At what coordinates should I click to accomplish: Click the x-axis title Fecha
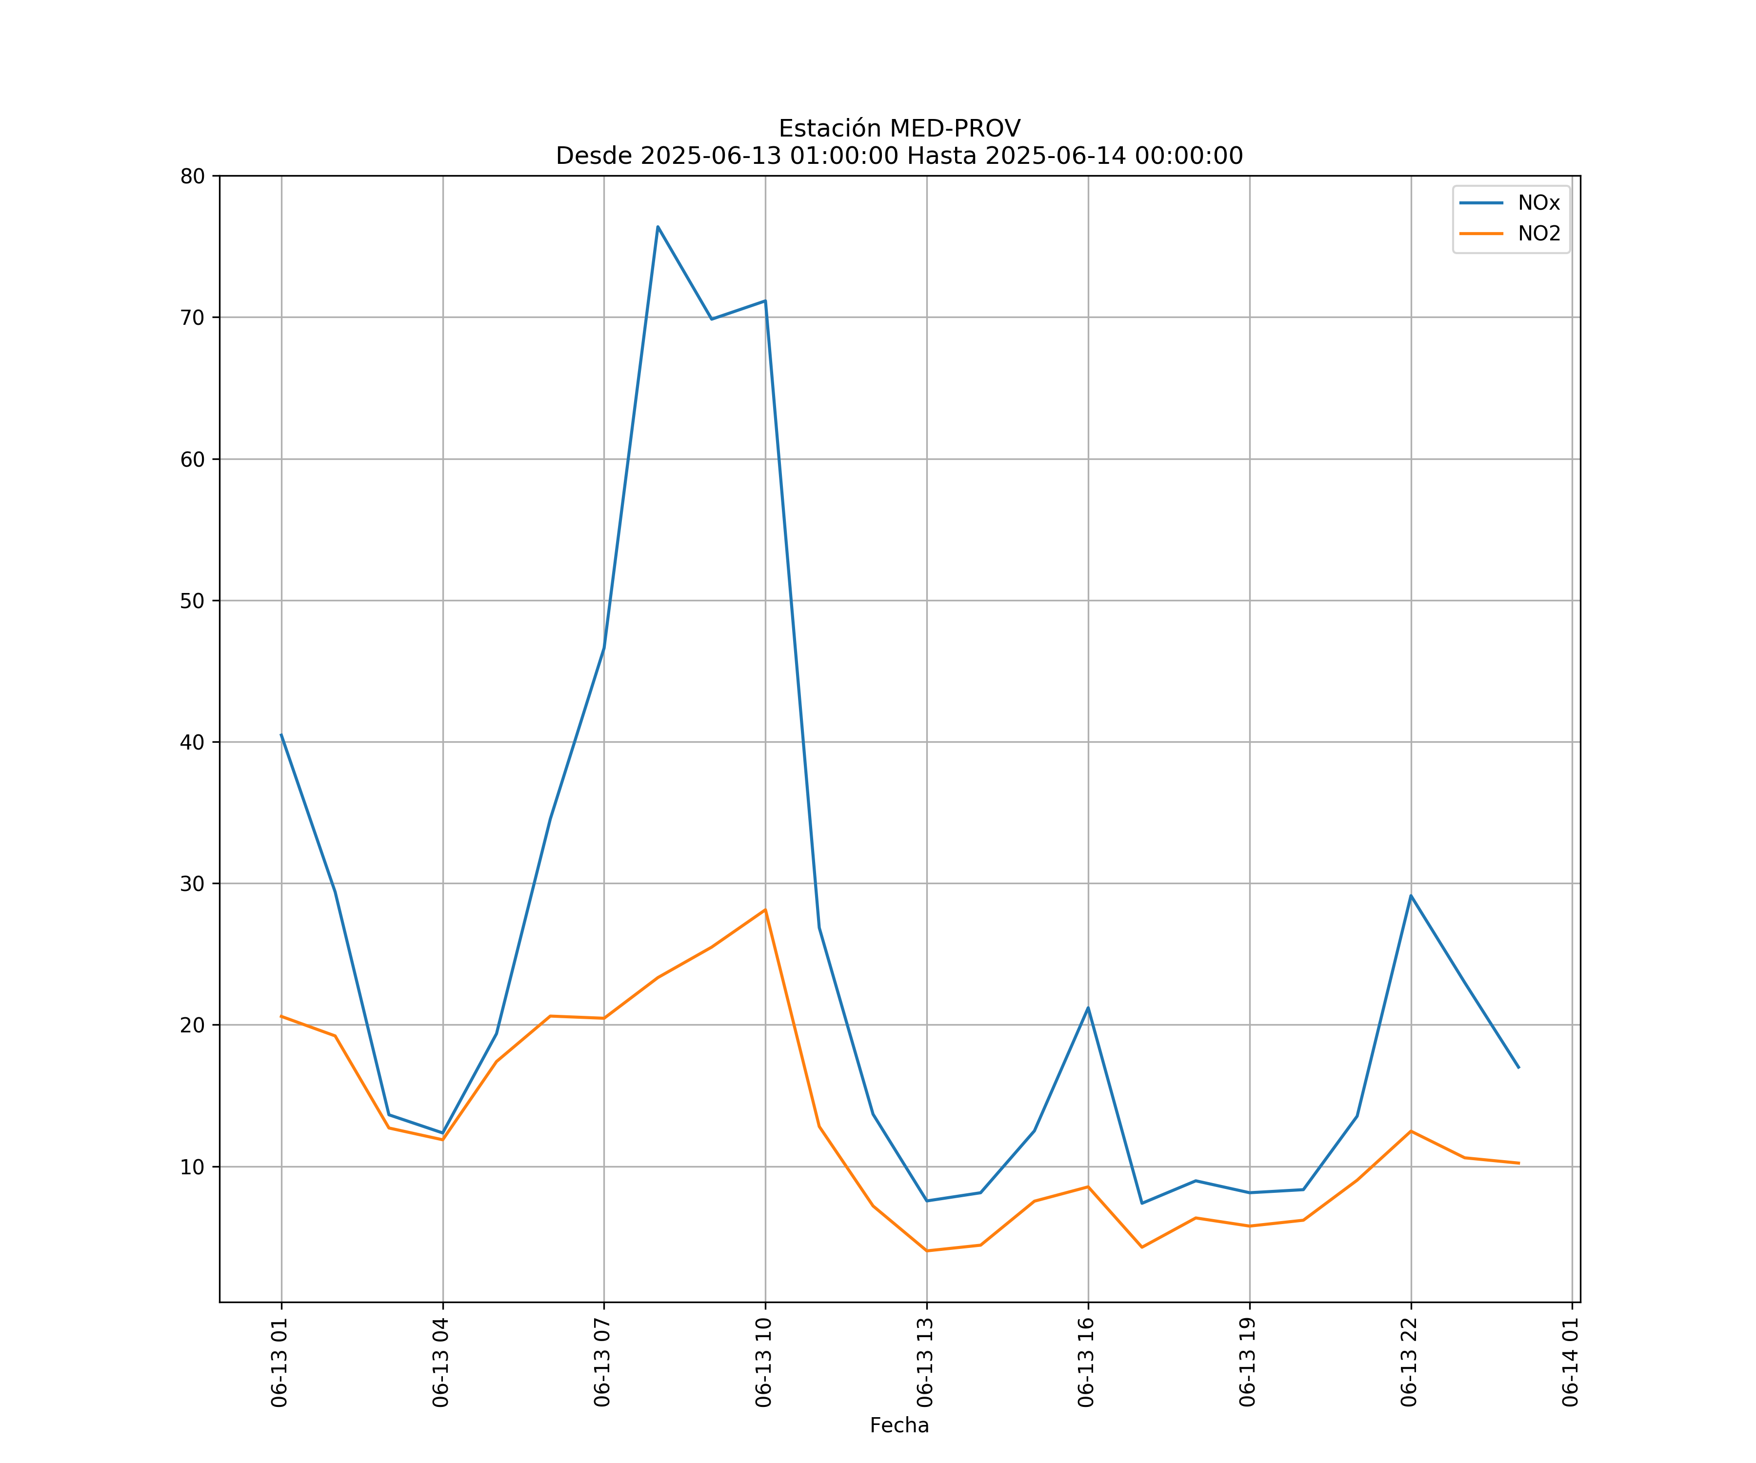click(x=899, y=1425)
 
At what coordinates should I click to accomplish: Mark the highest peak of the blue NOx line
click(x=658, y=227)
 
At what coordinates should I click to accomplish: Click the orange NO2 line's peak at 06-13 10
click(x=765, y=909)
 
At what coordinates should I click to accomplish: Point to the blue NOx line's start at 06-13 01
click(x=281, y=735)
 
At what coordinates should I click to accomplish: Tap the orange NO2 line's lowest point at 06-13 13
click(x=926, y=1251)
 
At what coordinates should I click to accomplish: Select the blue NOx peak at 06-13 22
click(x=1411, y=895)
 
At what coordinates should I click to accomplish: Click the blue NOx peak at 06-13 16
click(x=1088, y=1008)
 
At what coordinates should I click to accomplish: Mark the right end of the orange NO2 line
click(x=1518, y=1163)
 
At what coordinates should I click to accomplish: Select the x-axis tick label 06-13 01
click(x=280, y=1362)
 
